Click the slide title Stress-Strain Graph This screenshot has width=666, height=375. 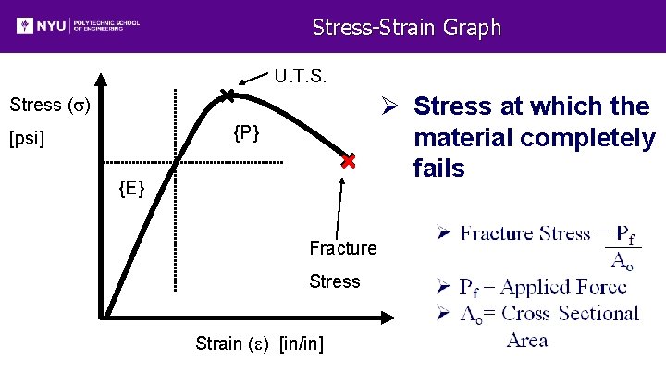point(406,27)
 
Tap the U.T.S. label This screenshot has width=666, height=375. point(300,74)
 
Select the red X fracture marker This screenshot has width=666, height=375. point(348,161)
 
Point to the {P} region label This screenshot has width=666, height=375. point(246,134)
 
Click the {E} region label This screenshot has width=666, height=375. point(130,190)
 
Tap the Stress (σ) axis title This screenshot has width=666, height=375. point(49,104)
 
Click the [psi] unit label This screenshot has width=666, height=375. point(27,141)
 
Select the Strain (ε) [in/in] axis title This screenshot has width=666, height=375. point(259,344)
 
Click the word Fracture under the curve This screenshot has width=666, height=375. point(342,248)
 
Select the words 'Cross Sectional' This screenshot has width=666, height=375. point(570,313)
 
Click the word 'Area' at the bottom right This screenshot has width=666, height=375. point(527,340)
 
